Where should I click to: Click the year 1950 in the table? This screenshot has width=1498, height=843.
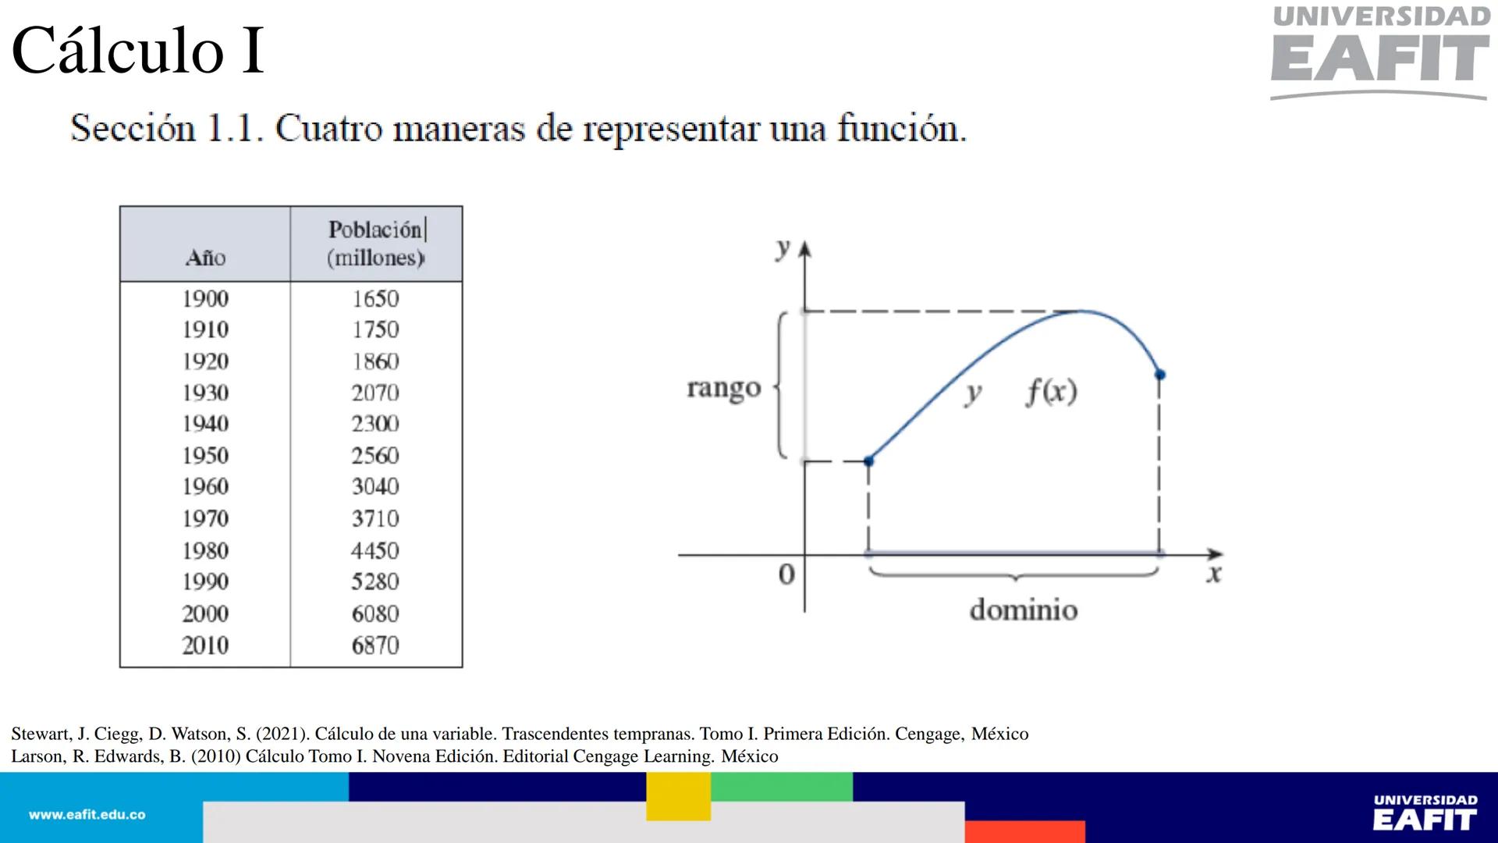(205, 455)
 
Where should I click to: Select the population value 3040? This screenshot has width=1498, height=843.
(375, 486)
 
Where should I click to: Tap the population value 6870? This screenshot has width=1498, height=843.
(375, 646)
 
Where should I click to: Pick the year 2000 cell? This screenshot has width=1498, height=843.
(205, 614)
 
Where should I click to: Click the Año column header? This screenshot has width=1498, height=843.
(205, 258)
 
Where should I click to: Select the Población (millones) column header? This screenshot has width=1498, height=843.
(376, 244)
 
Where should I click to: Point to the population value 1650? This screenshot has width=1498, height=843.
(375, 299)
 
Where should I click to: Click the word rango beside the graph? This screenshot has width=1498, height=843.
(723, 388)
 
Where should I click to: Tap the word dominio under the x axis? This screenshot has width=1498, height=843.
(1023, 610)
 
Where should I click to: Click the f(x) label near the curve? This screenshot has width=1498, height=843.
(1051, 391)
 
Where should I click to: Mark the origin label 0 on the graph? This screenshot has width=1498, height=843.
(786, 574)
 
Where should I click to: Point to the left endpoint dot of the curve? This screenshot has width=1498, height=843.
(869, 461)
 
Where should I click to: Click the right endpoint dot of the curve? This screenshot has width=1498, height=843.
(1160, 375)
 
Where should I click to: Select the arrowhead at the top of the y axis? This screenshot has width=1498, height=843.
(805, 250)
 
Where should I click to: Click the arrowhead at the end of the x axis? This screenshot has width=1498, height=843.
(1215, 554)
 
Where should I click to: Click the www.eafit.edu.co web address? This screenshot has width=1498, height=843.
(87, 815)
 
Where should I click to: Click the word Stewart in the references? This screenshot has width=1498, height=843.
(41, 734)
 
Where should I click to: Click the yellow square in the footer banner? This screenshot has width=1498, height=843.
(678, 796)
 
